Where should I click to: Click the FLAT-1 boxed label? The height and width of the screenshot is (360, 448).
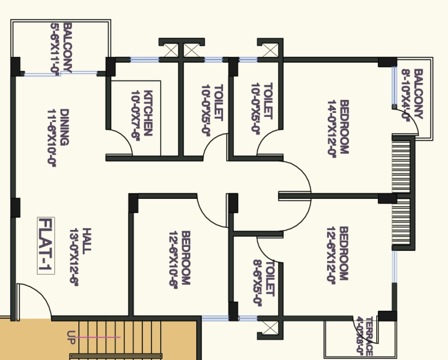point(45,245)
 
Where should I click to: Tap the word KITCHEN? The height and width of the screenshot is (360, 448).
point(148,113)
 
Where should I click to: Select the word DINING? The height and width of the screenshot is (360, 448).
point(64,127)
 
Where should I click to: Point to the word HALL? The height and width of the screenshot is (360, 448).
point(87,241)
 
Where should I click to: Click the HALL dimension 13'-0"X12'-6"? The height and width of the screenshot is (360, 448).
point(74,257)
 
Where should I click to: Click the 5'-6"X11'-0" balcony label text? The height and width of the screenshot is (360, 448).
point(55,49)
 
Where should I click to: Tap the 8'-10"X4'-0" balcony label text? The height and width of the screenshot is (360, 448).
point(406,95)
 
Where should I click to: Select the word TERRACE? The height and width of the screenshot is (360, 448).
point(369,336)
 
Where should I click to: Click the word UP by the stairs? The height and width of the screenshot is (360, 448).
point(71,337)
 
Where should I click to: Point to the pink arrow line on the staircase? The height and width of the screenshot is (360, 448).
point(98,337)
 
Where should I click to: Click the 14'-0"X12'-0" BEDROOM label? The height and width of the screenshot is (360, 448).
point(338,128)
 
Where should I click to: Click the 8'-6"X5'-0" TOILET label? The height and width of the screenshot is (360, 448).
point(263,283)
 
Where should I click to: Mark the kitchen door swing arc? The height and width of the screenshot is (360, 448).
point(125,137)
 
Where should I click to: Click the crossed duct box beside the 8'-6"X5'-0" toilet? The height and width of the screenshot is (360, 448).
point(269,328)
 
